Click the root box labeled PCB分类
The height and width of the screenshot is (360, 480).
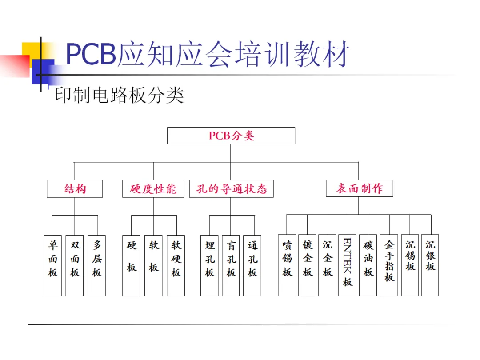231,136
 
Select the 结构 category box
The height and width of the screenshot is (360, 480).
75,189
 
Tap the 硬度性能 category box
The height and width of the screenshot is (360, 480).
153,189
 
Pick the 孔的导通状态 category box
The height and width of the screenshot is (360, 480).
231,189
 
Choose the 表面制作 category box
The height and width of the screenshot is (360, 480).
359,188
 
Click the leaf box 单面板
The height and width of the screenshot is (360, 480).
52,265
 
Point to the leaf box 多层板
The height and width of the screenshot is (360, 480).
96,265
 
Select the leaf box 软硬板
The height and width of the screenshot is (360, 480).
176,265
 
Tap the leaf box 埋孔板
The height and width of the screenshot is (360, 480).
209,265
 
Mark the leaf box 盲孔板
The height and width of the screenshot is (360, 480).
231,265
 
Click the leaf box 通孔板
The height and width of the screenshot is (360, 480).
252,265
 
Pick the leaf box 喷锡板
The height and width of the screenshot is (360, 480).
287,265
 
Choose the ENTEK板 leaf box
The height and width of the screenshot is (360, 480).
347,265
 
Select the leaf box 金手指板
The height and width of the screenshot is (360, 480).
389,265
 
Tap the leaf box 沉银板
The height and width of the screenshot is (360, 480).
430,265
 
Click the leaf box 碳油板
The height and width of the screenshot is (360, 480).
368,265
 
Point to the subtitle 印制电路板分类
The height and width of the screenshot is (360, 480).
119,96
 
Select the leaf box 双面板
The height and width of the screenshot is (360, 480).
74,265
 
